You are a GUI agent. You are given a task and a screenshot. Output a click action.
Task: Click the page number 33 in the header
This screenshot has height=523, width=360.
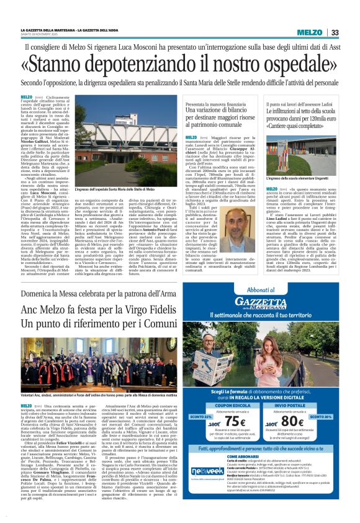tap(335, 32)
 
